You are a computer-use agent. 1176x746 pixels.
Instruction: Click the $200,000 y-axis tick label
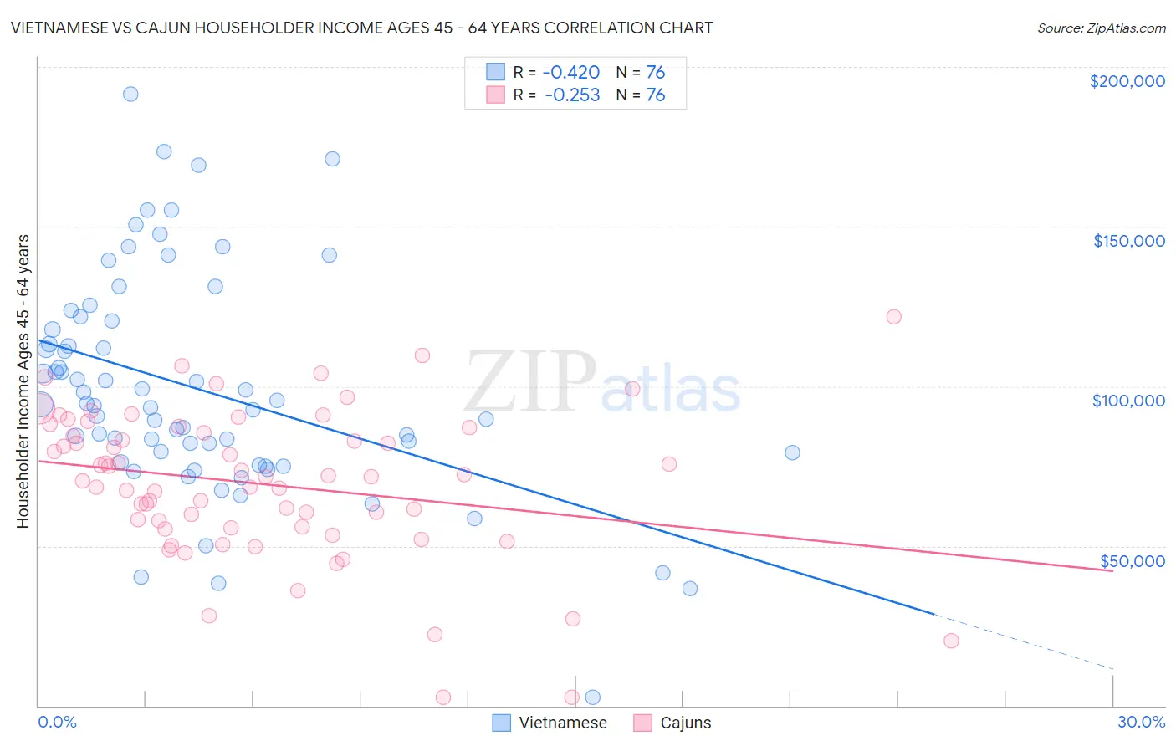click(x=1127, y=81)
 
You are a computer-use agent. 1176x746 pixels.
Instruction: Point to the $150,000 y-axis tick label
click(x=1128, y=241)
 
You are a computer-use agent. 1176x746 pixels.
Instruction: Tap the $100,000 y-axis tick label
click(x=1128, y=401)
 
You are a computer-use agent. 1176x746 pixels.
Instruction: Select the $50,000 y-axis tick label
click(x=1132, y=560)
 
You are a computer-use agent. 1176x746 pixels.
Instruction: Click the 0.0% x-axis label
click(x=57, y=722)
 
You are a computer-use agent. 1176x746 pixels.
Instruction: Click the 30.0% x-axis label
click(x=1141, y=722)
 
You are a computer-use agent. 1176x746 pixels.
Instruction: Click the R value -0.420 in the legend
click(x=572, y=72)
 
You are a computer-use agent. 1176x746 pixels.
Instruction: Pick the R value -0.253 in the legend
click(x=572, y=95)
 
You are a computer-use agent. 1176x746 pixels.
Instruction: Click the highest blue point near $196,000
click(x=130, y=94)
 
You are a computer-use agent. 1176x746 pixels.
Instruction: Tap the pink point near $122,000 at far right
click(x=893, y=317)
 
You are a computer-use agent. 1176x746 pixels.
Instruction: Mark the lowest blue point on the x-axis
click(x=593, y=697)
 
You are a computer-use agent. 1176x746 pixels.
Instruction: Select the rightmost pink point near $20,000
click(x=951, y=641)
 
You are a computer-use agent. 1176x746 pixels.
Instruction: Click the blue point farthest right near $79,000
click(x=792, y=452)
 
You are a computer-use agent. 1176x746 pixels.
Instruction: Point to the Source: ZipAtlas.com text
click(x=1101, y=28)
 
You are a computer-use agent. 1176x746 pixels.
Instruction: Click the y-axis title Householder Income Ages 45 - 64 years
click(x=23, y=381)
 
